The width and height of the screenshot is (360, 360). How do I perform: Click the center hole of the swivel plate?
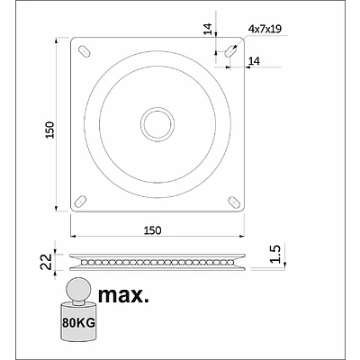click(x=157, y=123)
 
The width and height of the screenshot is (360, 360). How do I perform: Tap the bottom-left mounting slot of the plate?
click(x=83, y=198)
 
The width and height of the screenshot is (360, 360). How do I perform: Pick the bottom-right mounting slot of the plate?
click(x=232, y=198)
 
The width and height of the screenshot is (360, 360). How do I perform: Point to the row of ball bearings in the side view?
click(x=157, y=262)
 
